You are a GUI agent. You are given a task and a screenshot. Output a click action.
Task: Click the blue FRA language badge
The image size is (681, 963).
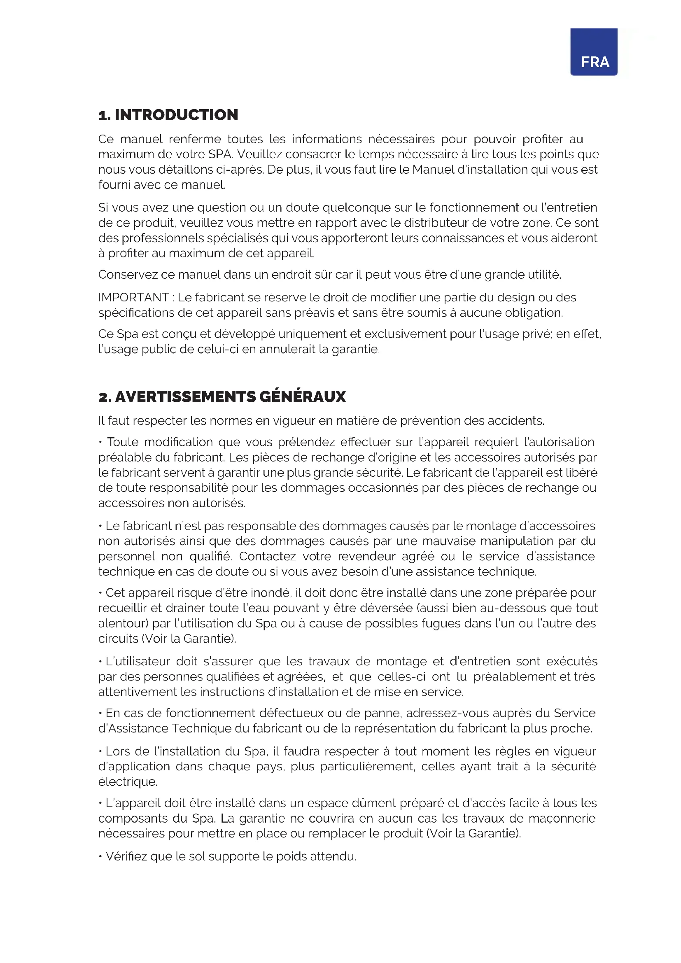[x=593, y=52]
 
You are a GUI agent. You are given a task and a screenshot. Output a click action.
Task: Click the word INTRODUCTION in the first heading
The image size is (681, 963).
[x=176, y=115]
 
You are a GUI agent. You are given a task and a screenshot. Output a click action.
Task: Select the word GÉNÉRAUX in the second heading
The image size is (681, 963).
[x=302, y=397]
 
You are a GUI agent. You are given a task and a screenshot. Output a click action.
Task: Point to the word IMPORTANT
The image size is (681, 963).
[x=133, y=297]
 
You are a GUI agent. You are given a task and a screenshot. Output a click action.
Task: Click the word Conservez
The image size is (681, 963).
[x=128, y=275]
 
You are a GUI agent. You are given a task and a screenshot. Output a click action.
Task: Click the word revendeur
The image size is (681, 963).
[x=366, y=556]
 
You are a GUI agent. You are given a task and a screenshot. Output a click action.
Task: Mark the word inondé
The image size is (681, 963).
[x=270, y=592]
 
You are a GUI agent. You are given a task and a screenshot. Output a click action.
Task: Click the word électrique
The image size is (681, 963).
[x=128, y=782]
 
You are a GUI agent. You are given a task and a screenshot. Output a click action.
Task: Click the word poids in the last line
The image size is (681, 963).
[x=292, y=856]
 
